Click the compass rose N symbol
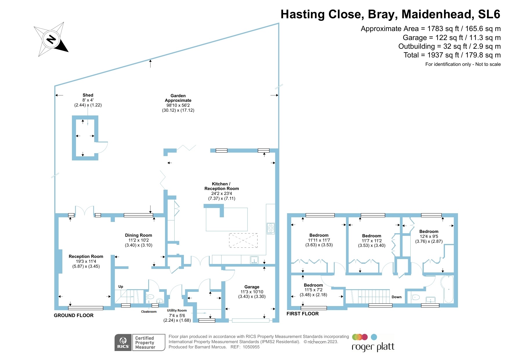pyautogui.click(x=51, y=39)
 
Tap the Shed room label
pyautogui.click(x=88, y=95)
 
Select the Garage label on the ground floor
pyautogui.click(x=252, y=287)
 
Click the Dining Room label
pyautogui.click(x=138, y=235)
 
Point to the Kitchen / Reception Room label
pyautogui.click(x=222, y=186)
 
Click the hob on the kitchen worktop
pyautogui.click(x=271, y=228)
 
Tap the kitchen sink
pyautogui.click(x=254, y=260)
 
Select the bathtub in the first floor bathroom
pyautogui.click(x=447, y=289)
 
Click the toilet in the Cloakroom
pyautogui.click(x=151, y=297)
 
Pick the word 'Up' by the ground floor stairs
pyautogui.click(x=121, y=287)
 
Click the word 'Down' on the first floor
pyautogui.click(x=396, y=297)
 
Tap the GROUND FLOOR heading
pyautogui.click(x=74, y=316)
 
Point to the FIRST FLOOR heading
pyautogui.click(x=302, y=314)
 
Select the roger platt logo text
pyautogui.click(x=373, y=347)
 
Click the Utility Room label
pyautogui.click(x=177, y=310)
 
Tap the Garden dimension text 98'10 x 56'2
pyautogui.click(x=178, y=105)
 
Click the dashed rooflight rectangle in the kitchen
pyautogui.click(x=243, y=240)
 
